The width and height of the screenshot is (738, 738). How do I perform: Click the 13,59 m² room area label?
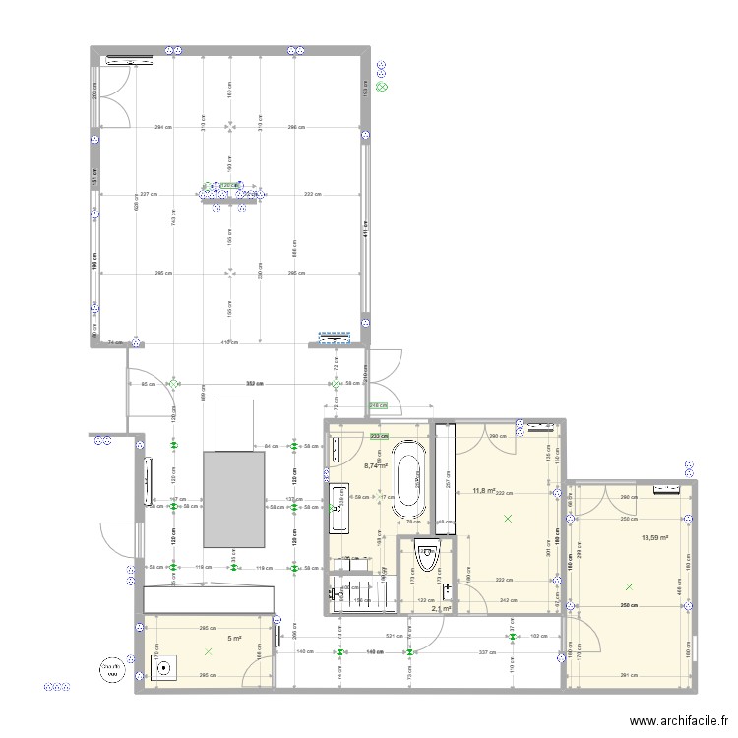point(655,538)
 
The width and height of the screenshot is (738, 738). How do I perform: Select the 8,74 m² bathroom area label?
point(376,466)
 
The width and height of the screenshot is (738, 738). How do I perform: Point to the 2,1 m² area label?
point(441,609)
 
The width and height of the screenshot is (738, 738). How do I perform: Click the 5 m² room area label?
point(234,639)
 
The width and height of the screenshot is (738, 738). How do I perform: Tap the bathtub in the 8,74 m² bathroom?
point(408,478)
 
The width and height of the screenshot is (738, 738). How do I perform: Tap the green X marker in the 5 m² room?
point(208,651)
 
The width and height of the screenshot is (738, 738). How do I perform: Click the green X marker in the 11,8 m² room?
point(508,518)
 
